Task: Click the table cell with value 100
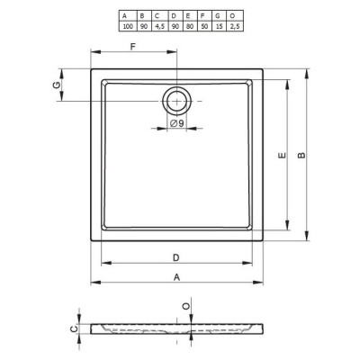[x=128, y=26]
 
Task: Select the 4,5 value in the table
[x=159, y=26]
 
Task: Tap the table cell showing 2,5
[x=235, y=26]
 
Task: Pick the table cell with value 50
[x=204, y=26]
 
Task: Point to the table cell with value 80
[x=190, y=26]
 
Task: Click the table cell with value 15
[x=220, y=26]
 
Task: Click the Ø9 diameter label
[x=176, y=123]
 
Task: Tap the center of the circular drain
[x=176, y=101]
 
